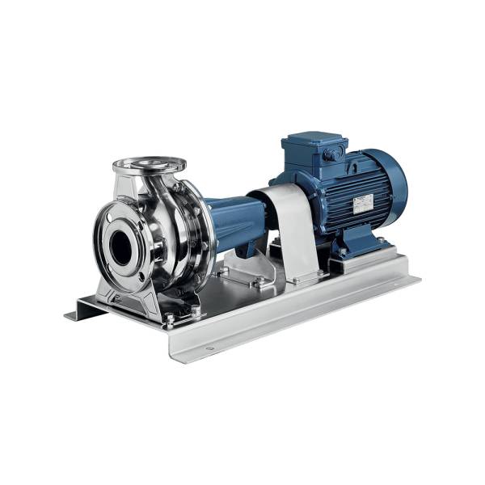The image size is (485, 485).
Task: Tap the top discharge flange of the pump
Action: [x=150, y=165]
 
